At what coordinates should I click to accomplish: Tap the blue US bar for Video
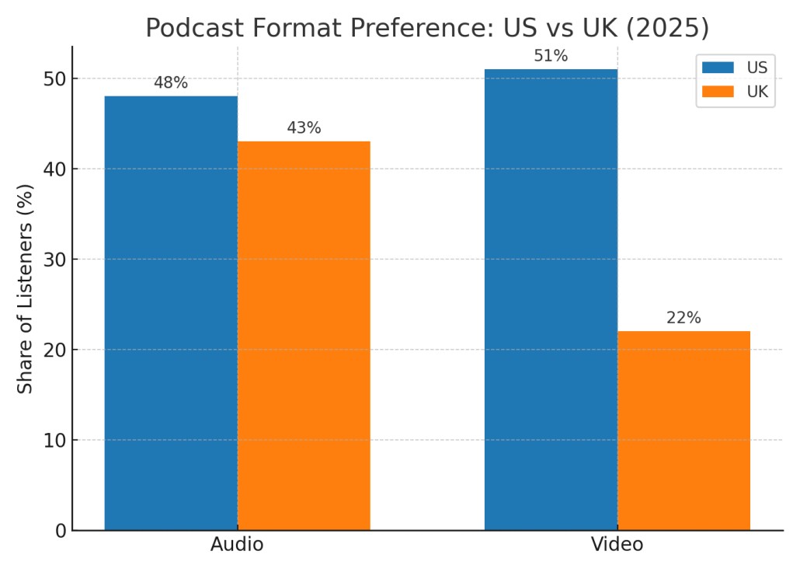(x=551, y=299)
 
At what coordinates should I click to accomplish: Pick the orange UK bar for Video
(x=683, y=431)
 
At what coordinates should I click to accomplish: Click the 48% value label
(x=171, y=82)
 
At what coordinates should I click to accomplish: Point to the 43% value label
(x=304, y=128)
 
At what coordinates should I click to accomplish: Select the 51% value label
(x=551, y=56)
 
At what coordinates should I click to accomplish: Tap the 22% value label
(x=683, y=318)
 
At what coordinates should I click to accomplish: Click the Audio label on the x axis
(x=237, y=545)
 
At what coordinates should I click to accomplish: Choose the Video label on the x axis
(x=617, y=545)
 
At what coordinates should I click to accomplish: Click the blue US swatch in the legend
(x=718, y=67)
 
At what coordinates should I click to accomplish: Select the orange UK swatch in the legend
(x=718, y=92)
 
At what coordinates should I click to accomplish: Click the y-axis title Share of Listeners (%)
(x=26, y=288)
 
